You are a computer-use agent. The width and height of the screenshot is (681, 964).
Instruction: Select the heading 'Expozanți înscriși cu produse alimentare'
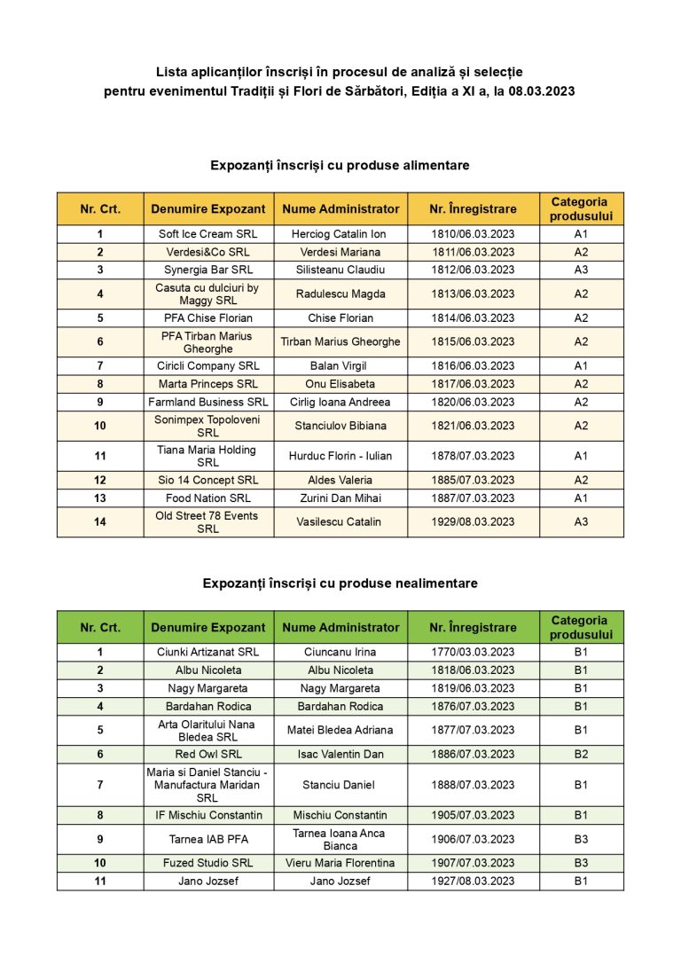click(x=340, y=165)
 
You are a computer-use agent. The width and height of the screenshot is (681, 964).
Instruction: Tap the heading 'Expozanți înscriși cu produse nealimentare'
click(x=340, y=583)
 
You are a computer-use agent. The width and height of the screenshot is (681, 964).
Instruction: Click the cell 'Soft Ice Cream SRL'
click(x=208, y=234)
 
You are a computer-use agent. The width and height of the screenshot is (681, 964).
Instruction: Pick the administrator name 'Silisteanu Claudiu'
click(x=340, y=270)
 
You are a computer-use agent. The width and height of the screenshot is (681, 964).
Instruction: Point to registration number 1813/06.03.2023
click(x=473, y=294)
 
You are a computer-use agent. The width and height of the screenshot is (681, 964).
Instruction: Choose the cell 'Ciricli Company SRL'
click(x=208, y=365)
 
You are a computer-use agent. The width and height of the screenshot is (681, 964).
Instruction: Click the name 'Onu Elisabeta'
click(x=340, y=384)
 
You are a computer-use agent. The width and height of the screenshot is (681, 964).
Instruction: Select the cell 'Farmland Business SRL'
click(x=208, y=402)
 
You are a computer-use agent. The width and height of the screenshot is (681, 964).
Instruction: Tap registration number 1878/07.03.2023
click(x=473, y=456)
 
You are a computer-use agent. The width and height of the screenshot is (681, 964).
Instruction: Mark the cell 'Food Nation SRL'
click(x=208, y=498)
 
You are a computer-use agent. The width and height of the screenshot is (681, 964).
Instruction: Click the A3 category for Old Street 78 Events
click(x=581, y=521)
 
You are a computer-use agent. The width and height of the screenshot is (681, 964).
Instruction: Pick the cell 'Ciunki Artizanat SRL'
click(x=208, y=652)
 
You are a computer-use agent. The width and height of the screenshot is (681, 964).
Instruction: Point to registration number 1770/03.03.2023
click(x=473, y=652)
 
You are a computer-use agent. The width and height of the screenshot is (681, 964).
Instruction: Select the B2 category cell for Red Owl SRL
click(x=581, y=754)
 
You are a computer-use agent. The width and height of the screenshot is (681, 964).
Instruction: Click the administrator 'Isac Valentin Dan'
click(x=340, y=754)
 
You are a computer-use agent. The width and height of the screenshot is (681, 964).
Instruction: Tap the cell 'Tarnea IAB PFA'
click(x=208, y=839)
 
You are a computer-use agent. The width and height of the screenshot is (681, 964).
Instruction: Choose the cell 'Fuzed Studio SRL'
click(x=208, y=863)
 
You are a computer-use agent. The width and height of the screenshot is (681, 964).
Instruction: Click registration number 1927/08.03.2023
click(x=473, y=881)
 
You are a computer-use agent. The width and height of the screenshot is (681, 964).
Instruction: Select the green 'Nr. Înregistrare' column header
click(x=473, y=627)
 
